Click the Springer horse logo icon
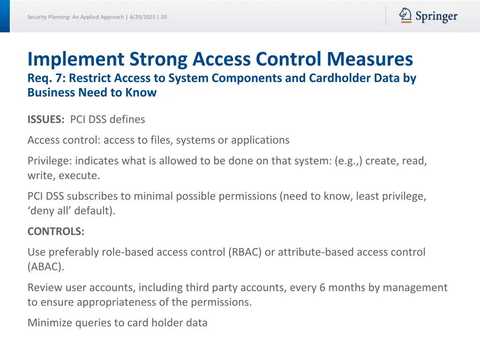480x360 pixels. (x=405, y=15)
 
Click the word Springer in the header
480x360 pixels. (x=436, y=17)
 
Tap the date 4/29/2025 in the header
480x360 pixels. (x=142, y=17)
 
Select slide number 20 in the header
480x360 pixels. (x=164, y=17)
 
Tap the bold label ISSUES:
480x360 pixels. (x=46, y=120)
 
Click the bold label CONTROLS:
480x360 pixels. (x=56, y=232)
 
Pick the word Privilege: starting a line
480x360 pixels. (x=50, y=161)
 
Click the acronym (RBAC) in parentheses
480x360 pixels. (x=245, y=252)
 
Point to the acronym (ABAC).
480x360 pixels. (x=45, y=267)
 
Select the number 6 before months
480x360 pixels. (x=322, y=287)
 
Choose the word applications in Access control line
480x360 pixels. (x=260, y=140)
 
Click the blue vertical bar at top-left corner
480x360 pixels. (x=5, y=16)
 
